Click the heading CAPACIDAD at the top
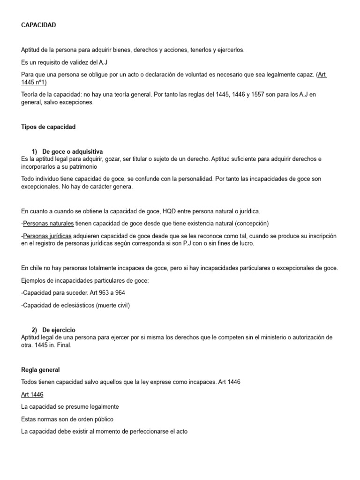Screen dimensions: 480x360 tap(38, 25)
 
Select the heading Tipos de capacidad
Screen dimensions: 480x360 tap(48, 127)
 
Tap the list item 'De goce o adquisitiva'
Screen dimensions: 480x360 tap(72, 151)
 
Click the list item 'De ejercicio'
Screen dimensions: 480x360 tap(59, 330)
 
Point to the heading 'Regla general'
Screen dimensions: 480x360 tap(41, 370)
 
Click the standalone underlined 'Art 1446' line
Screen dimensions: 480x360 tap(32, 394)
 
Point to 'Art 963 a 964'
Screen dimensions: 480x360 tap(105, 292)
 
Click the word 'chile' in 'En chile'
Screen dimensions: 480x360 tap(37, 268)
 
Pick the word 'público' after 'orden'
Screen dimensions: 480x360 tap(103, 419)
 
